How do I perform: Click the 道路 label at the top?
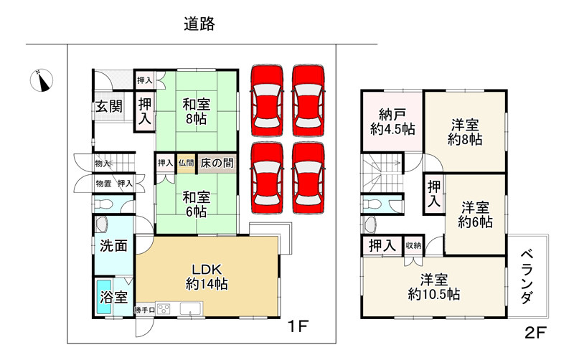coord(199,24)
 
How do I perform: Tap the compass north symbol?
coord(43,80)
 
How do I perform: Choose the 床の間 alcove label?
coord(216,163)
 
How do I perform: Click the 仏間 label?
coord(186,163)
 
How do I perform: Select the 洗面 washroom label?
coord(113,245)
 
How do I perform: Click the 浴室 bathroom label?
coord(113,297)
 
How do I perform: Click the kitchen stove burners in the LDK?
coord(163,310)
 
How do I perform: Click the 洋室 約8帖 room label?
coord(465,131)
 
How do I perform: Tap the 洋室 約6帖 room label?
coord(476,214)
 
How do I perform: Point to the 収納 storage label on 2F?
coord(413,245)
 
